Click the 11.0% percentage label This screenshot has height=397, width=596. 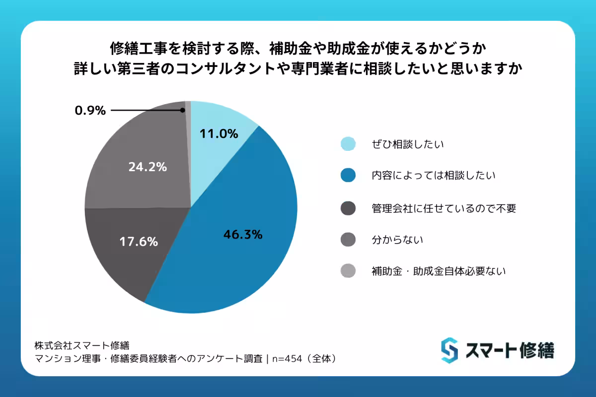pos(219,133)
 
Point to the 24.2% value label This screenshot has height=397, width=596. pos(147,167)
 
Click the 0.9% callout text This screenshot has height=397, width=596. pos(90,111)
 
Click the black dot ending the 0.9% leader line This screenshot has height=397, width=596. pos(183,110)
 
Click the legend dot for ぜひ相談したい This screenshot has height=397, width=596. pos(348,144)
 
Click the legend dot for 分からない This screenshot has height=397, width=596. pos(348,240)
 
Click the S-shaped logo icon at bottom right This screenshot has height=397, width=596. pos(449,350)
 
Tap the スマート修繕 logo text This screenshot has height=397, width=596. pos(509,350)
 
